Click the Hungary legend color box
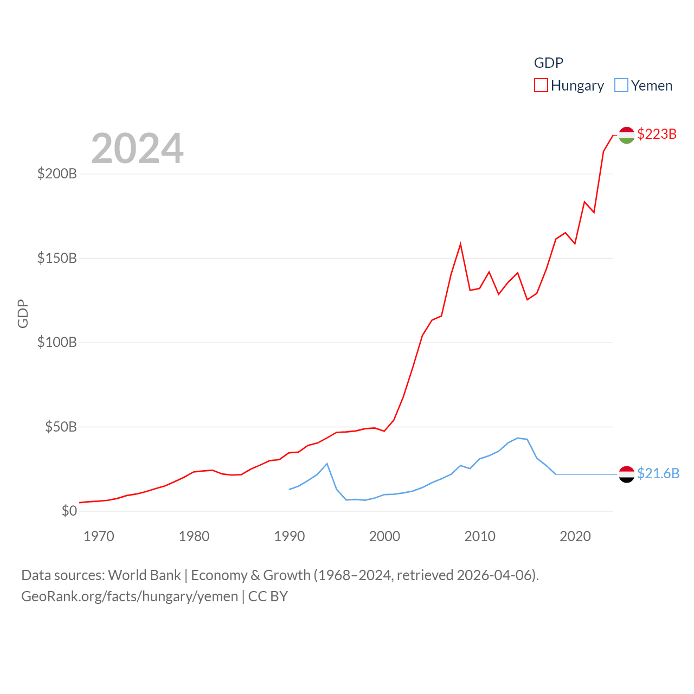541,86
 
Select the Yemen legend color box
621,86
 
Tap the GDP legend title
549,63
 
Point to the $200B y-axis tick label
57,174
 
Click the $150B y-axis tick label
57,258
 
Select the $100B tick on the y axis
57,343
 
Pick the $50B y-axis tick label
61,427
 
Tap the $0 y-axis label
69,511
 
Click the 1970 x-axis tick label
99,537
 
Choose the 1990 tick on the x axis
290,537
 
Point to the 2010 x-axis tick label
480,537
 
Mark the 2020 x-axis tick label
575,537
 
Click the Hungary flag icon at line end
627,135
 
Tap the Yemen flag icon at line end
627,474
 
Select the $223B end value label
657,134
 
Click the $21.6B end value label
658,473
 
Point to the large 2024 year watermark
137,149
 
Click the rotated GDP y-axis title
23,313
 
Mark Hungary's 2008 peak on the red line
460,244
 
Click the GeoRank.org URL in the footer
130,596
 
